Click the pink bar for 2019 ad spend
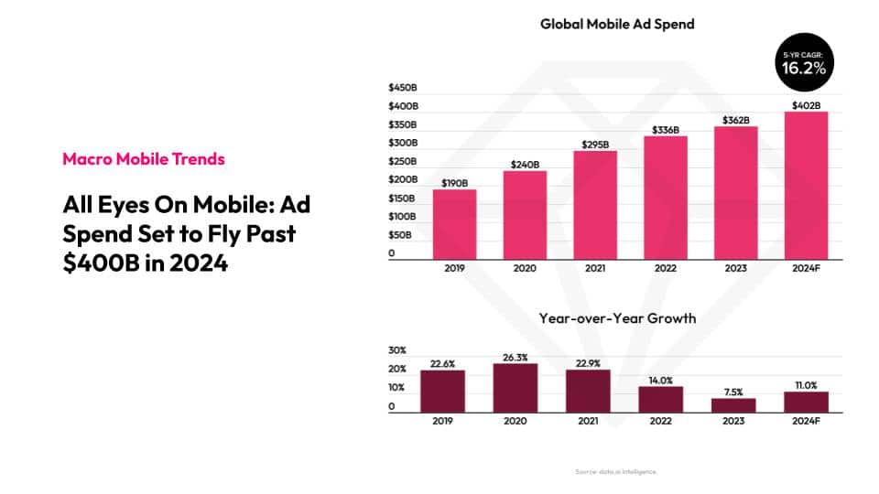(x=455, y=224)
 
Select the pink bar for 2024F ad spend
(x=806, y=186)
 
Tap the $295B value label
(x=595, y=145)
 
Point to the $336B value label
(x=666, y=130)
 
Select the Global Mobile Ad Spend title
(x=617, y=24)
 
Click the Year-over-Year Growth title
(x=617, y=318)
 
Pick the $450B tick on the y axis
(x=403, y=88)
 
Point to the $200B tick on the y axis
(x=403, y=179)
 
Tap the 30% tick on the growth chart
(x=397, y=350)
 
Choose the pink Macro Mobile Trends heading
(x=144, y=159)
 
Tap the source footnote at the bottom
(x=616, y=471)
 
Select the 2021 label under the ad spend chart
(x=595, y=269)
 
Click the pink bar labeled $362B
(x=735, y=193)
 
